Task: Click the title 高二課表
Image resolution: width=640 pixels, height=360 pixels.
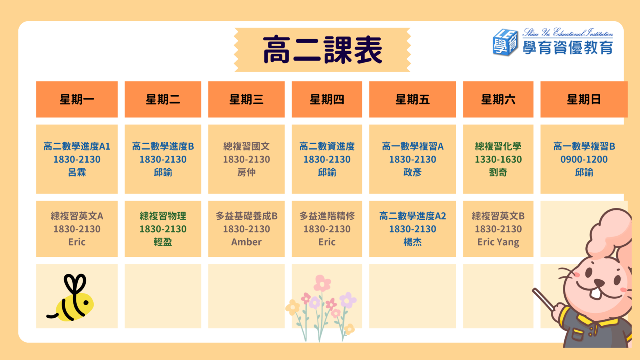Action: (322, 50)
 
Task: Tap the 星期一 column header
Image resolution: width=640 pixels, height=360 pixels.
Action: (77, 100)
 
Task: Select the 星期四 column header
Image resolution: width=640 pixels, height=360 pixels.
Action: (327, 100)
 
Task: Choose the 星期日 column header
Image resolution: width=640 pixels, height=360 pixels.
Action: (584, 100)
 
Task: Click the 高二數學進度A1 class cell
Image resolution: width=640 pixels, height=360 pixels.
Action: (77, 159)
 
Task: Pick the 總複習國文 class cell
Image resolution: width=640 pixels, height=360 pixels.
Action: (246, 159)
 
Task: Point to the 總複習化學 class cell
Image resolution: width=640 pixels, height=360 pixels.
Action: (498, 159)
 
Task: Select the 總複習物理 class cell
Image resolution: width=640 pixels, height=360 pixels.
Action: (163, 229)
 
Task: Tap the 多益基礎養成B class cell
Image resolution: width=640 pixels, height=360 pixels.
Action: (246, 229)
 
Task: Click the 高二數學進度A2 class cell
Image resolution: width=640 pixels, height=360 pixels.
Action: (412, 229)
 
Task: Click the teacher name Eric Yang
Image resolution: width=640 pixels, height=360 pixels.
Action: (498, 242)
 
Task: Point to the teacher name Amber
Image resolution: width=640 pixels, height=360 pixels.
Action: (246, 242)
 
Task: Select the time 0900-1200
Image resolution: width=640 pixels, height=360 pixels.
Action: (584, 159)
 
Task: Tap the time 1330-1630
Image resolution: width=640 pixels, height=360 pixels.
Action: (498, 159)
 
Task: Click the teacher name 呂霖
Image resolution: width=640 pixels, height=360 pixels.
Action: (77, 172)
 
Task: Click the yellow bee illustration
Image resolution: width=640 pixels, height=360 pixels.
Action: (71, 298)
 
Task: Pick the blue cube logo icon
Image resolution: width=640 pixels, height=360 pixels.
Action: (505, 42)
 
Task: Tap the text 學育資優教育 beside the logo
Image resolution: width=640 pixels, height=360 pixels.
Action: (568, 48)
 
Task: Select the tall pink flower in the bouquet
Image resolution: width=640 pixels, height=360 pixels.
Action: (322, 284)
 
